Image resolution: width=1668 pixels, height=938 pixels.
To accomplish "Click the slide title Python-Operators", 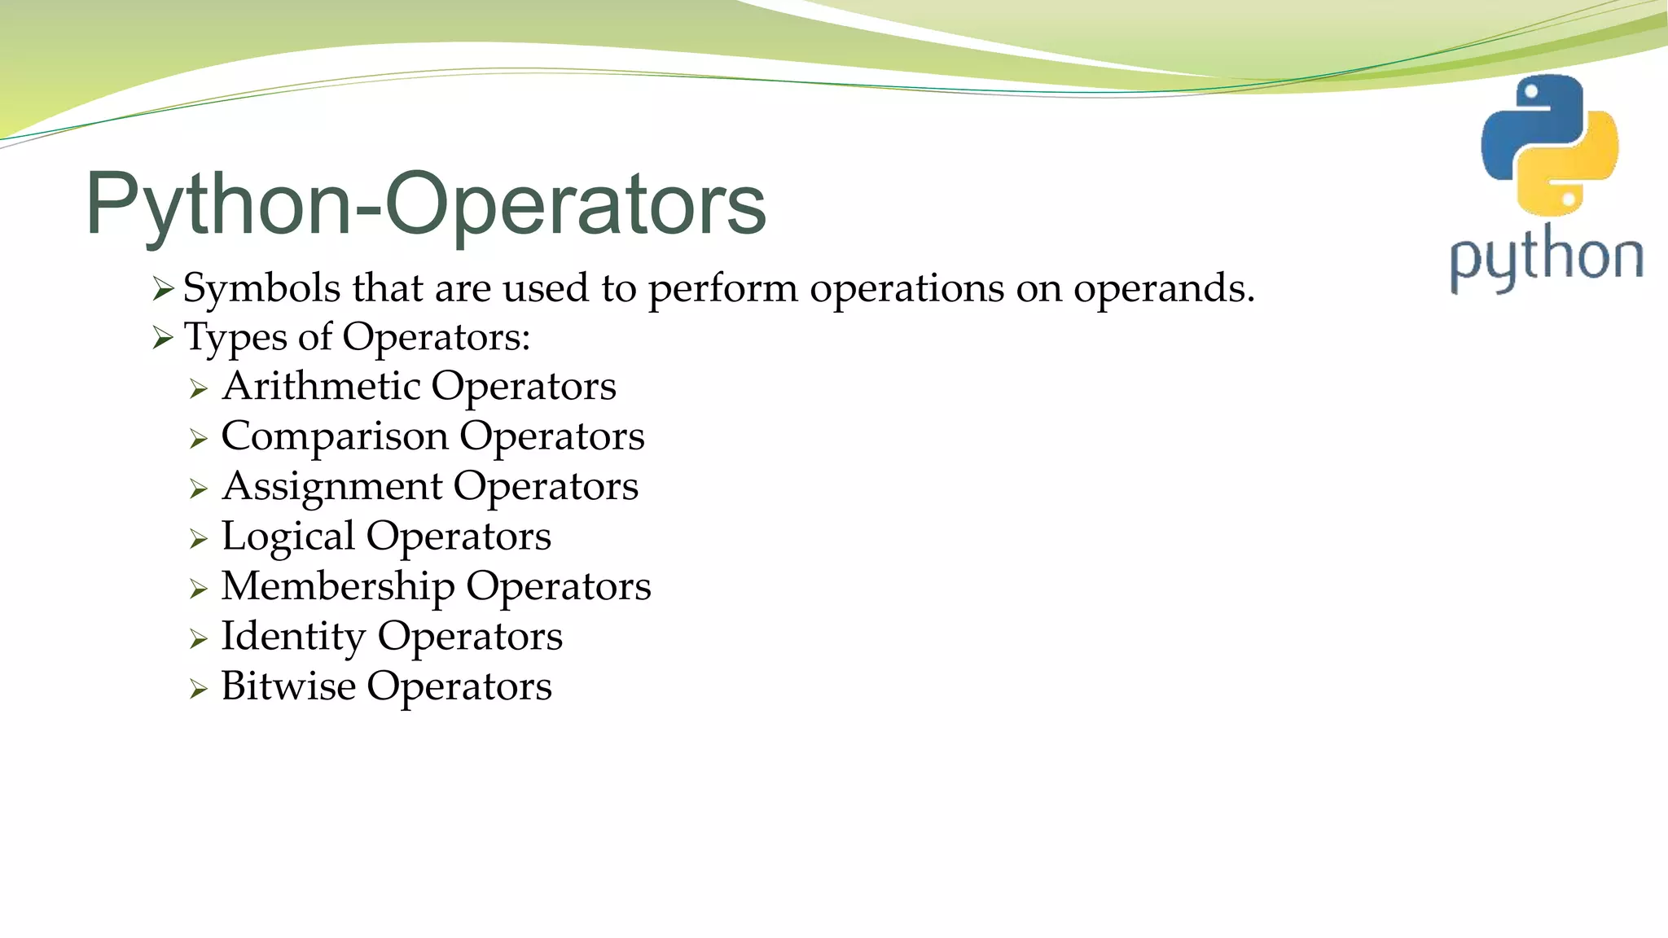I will click(x=425, y=204).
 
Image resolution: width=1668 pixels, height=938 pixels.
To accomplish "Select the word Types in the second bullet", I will click(x=235, y=338).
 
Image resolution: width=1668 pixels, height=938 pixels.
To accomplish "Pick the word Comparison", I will click(x=334, y=437).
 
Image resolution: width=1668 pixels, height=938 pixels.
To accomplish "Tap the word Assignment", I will click(x=332, y=487).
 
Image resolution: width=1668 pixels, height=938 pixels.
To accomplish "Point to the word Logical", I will click(x=288, y=537).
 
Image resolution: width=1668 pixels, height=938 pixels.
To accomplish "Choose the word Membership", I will click(x=338, y=586).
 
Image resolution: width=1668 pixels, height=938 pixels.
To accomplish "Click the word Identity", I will click(x=293, y=637).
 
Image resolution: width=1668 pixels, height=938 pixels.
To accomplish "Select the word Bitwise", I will click(x=288, y=686).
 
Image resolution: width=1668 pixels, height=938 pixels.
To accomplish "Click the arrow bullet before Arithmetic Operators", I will click(x=199, y=389).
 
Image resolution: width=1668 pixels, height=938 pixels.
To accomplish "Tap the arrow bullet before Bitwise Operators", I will click(x=199, y=690).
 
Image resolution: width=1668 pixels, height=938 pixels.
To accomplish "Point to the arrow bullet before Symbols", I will click(x=163, y=289).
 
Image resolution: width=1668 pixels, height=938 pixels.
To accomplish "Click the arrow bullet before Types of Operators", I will click(x=163, y=338).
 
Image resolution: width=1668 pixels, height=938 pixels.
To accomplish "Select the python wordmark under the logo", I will click(x=1546, y=259).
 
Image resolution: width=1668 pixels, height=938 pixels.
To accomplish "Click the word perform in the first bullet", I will click(x=722, y=289).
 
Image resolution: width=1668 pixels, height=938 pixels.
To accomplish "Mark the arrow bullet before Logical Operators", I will click(x=199, y=539).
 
